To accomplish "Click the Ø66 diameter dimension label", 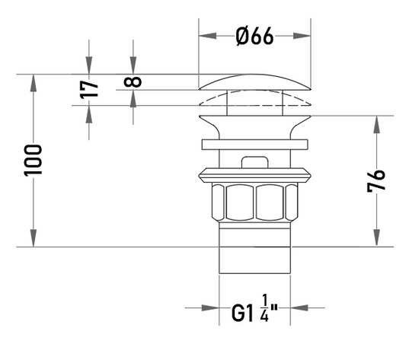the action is point(254,37).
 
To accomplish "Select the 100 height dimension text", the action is point(33,161).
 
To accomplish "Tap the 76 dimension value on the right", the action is point(376,180).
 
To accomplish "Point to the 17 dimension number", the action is point(89,90).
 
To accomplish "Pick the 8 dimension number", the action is point(133,82).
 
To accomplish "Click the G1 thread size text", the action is point(242,313).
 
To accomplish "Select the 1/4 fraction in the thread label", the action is point(264,307).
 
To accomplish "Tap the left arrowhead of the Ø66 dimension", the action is point(207,36).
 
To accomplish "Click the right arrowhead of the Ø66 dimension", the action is point(302,36).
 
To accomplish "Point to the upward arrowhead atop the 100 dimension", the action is point(34,83).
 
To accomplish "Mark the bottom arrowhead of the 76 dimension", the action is point(377,237).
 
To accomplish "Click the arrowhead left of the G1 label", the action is point(210,307).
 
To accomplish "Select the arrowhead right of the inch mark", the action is point(299,307).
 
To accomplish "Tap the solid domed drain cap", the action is point(254,82).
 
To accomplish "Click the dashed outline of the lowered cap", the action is point(254,98).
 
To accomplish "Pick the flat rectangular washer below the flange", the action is point(254,145).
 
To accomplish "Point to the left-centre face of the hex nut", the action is point(239,202).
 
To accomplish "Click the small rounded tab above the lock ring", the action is point(254,162).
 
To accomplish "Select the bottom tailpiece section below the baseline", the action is point(254,260).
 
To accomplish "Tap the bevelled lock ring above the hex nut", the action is point(254,176).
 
